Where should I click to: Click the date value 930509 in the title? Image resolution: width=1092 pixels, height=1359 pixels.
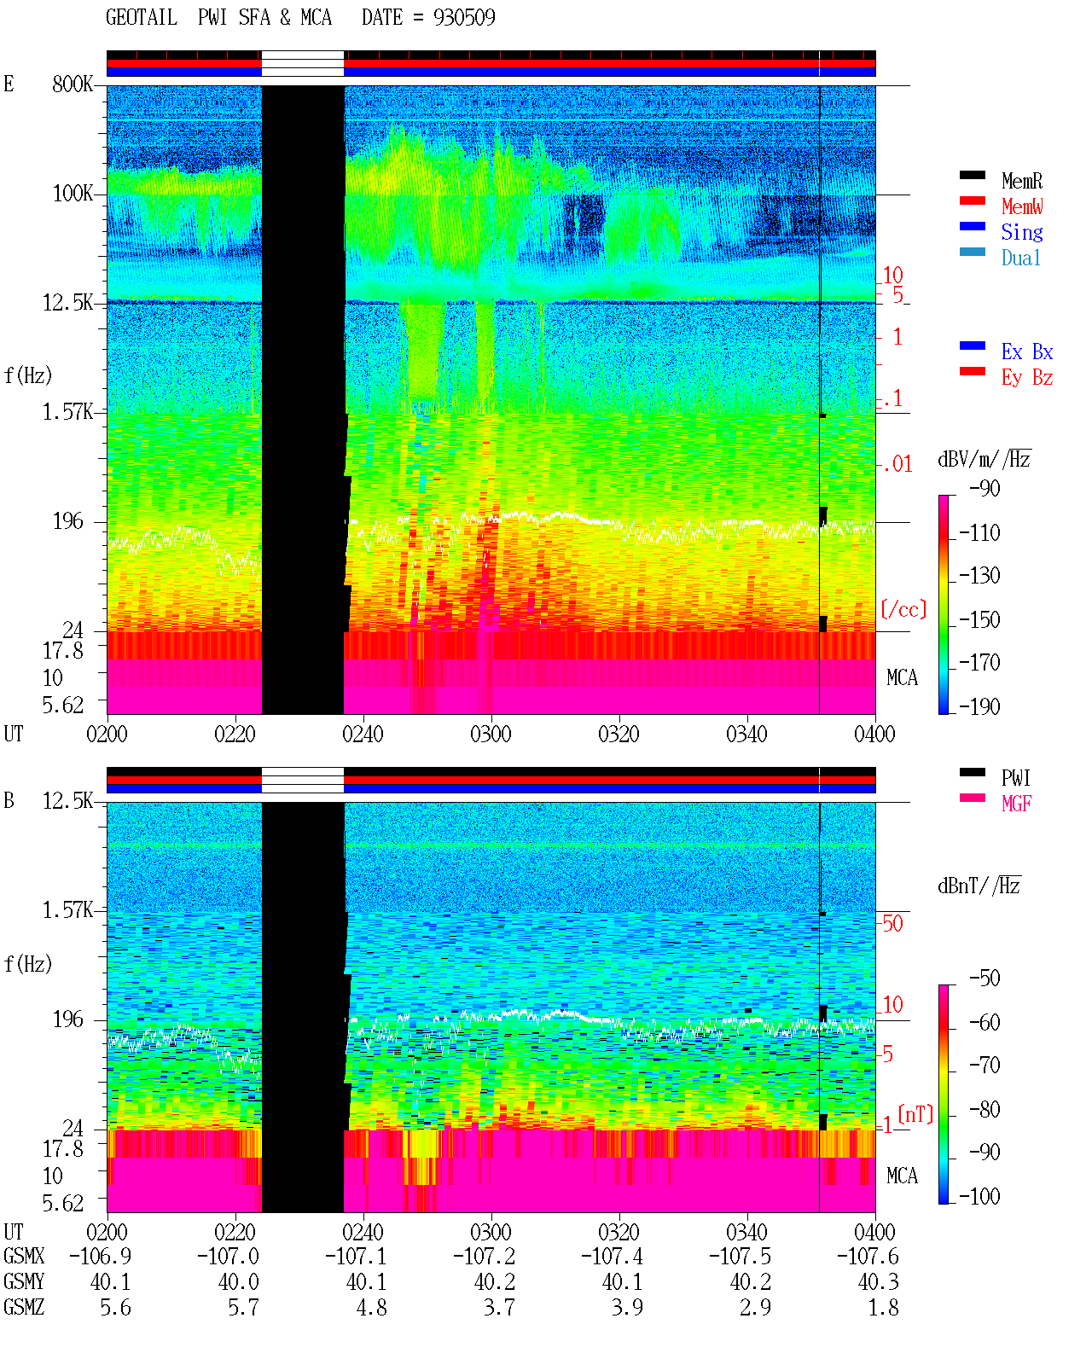tap(464, 17)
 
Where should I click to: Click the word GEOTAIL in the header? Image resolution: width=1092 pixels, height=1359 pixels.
tap(142, 17)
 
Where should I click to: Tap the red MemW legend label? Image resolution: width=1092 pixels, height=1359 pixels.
tap(1021, 206)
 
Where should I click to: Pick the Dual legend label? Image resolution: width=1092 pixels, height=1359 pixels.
tap(1020, 258)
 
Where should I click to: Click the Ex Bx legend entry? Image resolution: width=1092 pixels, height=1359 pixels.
tap(1026, 351)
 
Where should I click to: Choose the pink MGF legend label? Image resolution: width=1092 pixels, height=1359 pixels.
tap(1016, 804)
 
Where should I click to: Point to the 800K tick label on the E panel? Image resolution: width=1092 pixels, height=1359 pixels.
tap(73, 84)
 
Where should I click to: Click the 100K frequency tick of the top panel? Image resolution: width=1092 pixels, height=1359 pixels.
tap(73, 194)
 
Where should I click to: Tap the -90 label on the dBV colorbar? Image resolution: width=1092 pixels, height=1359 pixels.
tap(985, 488)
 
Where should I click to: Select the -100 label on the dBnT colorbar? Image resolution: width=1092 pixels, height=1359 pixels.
tap(979, 1196)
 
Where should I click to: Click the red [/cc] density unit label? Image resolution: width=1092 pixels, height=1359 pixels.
tap(903, 609)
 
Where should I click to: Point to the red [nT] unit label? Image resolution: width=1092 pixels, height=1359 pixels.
tap(915, 1114)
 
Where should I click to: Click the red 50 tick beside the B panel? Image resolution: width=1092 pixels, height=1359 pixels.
tap(892, 923)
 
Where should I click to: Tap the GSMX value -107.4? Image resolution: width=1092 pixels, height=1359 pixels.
tap(612, 1256)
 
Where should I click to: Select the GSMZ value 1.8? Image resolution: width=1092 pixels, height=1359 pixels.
tap(883, 1307)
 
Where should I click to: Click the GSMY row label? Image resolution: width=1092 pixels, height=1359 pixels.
tap(24, 1281)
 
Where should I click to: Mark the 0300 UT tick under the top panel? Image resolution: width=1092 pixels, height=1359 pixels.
tap(491, 734)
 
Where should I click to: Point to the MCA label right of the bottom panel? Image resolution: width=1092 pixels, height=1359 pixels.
tap(902, 1176)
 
